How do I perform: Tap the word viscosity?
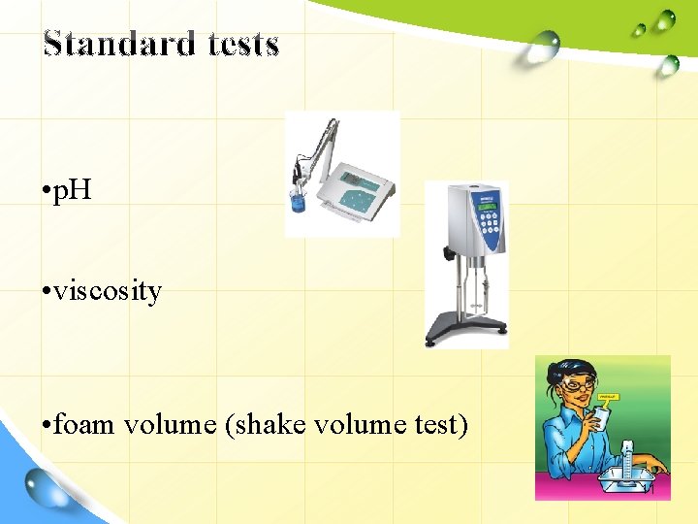pos(107,290)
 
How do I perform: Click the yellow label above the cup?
pos(608,396)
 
